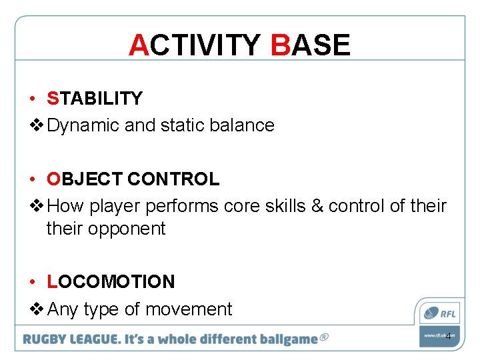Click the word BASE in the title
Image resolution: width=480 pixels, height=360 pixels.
pyautogui.click(x=310, y=45)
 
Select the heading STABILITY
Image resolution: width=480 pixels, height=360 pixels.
pyautogui.click(x=95, y=99)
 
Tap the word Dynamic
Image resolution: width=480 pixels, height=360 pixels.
pyautogui.click(x=84, y=125)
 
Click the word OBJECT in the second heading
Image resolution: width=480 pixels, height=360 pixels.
pyautogui.click(x=85, y=179)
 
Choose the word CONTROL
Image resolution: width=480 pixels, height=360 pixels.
pyautogui.click(x=173, y=179)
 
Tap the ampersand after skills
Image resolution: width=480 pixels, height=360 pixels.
pyautogui.click(x=317, y=206)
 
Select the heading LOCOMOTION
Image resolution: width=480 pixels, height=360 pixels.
pyautogui.click(x=111, y=282)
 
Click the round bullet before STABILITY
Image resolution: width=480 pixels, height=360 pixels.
pyautogui.click(x=32, y=99)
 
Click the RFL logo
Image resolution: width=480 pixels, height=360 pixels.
pyautogui.click(x=439, y=312)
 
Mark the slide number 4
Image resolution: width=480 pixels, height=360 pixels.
pyautogui.click(x=448, y=336)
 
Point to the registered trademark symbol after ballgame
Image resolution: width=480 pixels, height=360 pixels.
pyautogui.click(x=324, y=337)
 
